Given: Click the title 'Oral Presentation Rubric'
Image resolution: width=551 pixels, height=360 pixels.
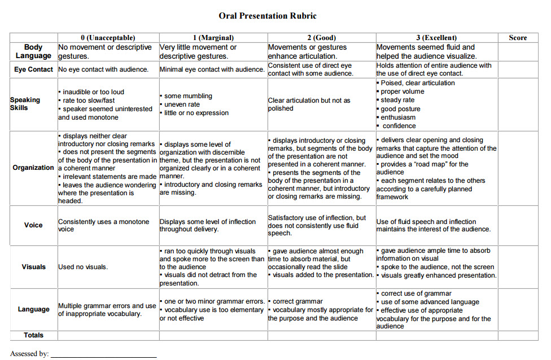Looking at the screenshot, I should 268,16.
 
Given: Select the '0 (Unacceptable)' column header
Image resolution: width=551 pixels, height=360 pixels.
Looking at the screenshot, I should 108,38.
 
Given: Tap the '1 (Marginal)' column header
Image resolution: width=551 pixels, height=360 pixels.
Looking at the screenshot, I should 213,38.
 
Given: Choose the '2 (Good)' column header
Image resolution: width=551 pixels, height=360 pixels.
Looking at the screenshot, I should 321,38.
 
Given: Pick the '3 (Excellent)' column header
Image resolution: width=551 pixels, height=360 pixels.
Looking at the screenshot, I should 436,38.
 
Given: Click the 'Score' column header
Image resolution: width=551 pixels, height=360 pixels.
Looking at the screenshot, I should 518,38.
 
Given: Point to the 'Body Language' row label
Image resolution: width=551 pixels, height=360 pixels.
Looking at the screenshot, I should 33,51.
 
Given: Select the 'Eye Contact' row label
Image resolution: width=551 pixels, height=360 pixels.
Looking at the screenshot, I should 33,69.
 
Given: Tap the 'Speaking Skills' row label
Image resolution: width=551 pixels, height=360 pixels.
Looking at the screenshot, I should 25,104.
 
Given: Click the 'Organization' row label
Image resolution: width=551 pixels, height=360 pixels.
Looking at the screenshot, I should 33,168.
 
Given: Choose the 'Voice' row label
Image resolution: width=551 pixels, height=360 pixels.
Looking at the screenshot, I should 33,225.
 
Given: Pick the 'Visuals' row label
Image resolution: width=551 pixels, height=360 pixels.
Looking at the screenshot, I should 33,267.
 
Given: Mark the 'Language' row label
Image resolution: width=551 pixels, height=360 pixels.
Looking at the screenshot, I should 33,309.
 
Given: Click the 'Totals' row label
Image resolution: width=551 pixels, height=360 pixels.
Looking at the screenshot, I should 33,335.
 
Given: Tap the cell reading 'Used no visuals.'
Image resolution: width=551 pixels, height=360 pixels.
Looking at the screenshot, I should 83,267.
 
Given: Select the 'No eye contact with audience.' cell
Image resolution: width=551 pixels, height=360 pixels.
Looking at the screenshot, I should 103,69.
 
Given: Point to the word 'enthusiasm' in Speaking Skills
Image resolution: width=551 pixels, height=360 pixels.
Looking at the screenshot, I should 398,117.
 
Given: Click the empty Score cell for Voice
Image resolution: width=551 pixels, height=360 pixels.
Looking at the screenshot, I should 518,225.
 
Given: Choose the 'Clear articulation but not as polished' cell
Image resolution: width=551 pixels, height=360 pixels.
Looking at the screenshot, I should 309,104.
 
